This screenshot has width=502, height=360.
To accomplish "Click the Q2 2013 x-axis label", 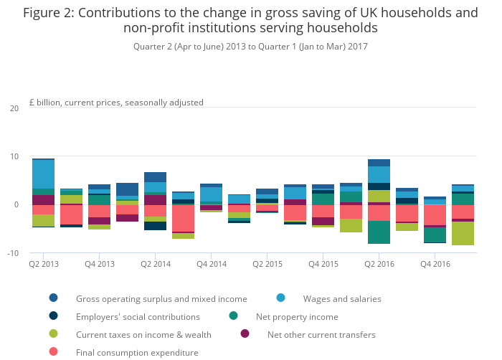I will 43,265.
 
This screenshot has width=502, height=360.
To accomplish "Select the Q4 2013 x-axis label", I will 99,265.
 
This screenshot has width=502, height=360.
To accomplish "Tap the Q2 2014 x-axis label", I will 155,265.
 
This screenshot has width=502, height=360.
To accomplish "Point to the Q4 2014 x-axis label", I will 211,265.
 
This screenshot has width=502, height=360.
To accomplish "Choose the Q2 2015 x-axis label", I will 267,265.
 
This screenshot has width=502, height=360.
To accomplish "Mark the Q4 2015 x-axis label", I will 323,265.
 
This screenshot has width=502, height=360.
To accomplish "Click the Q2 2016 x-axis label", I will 379,265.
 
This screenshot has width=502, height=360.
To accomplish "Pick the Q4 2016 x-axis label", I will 435,265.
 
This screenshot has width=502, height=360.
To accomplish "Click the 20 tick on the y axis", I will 14,108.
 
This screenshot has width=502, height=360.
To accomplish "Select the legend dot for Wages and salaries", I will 280,298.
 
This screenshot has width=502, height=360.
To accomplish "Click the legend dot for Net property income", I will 233,316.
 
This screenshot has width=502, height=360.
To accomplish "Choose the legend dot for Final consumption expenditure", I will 53,352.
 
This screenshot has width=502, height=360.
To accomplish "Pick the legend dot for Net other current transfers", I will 245,334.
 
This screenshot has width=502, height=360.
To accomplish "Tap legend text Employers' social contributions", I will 138,316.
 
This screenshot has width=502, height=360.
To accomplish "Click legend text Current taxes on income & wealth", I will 143,334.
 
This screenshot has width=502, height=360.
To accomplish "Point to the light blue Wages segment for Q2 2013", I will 43,174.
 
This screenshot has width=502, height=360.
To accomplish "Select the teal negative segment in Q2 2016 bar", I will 379,232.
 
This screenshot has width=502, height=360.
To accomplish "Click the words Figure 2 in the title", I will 47,13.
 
